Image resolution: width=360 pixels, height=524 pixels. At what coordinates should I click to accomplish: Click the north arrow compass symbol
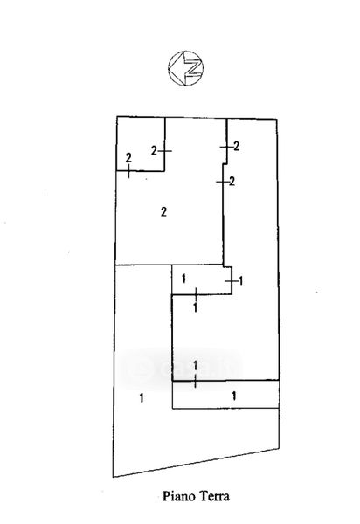point(186,68)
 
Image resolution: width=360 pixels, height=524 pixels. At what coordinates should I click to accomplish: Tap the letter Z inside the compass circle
point(193,68)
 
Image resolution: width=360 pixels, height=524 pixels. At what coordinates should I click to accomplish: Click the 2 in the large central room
point(163,211)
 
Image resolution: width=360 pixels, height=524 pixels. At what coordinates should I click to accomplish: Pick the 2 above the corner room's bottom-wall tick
point(128,158)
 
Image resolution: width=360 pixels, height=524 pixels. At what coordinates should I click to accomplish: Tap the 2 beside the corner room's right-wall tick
point(154,151)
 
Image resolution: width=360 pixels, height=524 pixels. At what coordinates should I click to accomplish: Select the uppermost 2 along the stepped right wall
point(236,146)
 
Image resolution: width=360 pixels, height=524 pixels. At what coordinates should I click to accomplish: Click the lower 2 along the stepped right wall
point(232,181)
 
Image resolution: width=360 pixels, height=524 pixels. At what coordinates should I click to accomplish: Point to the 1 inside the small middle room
point(183,279)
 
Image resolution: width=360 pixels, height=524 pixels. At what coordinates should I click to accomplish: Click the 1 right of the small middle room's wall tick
point(241,281)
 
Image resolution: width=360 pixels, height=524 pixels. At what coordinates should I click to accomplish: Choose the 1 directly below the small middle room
point(196,307)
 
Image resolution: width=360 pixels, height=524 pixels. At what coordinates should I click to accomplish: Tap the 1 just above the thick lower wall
point(196,366)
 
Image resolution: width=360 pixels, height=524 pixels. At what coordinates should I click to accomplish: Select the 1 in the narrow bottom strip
point(234,396)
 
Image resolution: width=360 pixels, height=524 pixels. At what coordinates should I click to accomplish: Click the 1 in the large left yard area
point(142,398)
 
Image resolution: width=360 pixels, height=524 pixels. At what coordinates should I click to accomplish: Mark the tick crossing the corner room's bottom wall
point(129,171)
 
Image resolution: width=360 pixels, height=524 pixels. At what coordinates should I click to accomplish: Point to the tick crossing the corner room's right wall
point(165,151)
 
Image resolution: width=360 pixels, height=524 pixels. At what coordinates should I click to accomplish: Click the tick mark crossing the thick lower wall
point(195,381)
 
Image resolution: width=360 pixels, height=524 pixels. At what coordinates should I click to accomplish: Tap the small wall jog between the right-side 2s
point(225,164)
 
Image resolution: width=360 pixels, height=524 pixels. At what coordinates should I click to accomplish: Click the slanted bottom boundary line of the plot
point(196,463)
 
